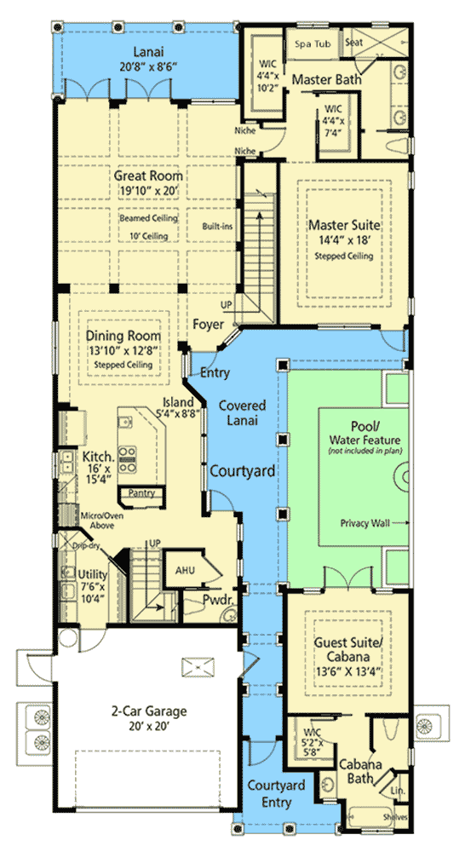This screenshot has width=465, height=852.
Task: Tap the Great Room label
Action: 148,176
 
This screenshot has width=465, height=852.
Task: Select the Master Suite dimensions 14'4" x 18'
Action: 344,240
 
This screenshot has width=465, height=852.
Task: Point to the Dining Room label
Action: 123,336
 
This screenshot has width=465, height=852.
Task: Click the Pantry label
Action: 141,492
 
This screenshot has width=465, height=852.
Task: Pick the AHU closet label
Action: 185,570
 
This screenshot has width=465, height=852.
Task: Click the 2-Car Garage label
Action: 149,711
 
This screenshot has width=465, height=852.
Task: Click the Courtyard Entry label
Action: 277,793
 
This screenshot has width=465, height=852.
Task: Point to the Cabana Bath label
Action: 361,771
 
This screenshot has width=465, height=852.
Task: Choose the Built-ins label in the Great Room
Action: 217,226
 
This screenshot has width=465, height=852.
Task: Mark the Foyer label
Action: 208,325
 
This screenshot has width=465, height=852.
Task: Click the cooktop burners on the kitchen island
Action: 129,459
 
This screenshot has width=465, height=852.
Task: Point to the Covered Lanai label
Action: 242,412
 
